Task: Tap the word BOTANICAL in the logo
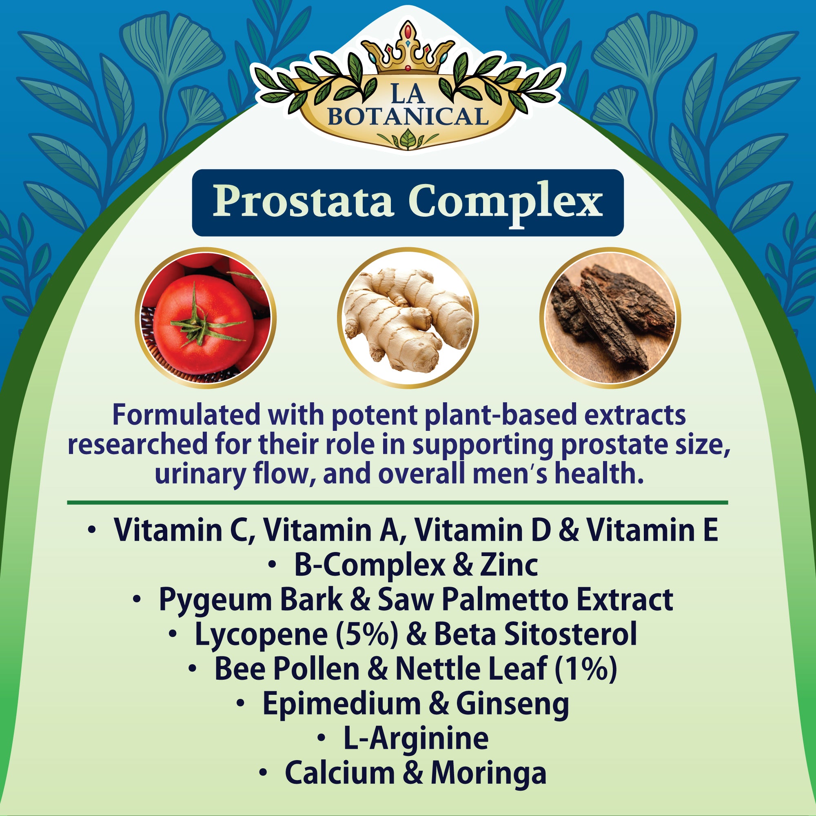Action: click(408, 117)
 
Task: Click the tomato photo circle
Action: click(205, 317)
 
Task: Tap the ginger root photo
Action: click(408, 317)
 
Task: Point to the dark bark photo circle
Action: click(610, 317)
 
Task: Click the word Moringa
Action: click(489, 773)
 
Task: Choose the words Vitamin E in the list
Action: click(652, 530)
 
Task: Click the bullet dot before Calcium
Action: click(263, 772)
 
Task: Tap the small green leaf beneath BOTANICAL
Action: click(408, 139)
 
